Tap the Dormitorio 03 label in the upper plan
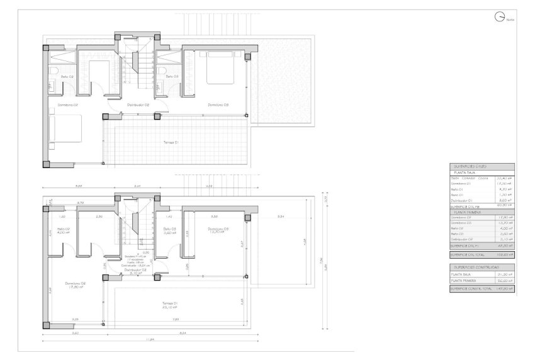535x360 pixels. (x=218, y=105)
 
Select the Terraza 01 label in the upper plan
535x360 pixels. (x=171, y=143)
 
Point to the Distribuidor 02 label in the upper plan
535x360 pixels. (x=137, y=105)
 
